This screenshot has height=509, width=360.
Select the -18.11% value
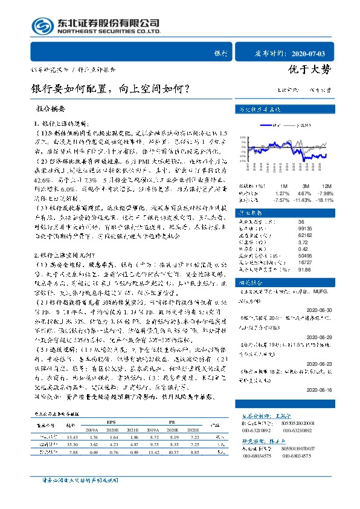coord(324,199)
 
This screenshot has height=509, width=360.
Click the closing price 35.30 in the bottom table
coord(72,443)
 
